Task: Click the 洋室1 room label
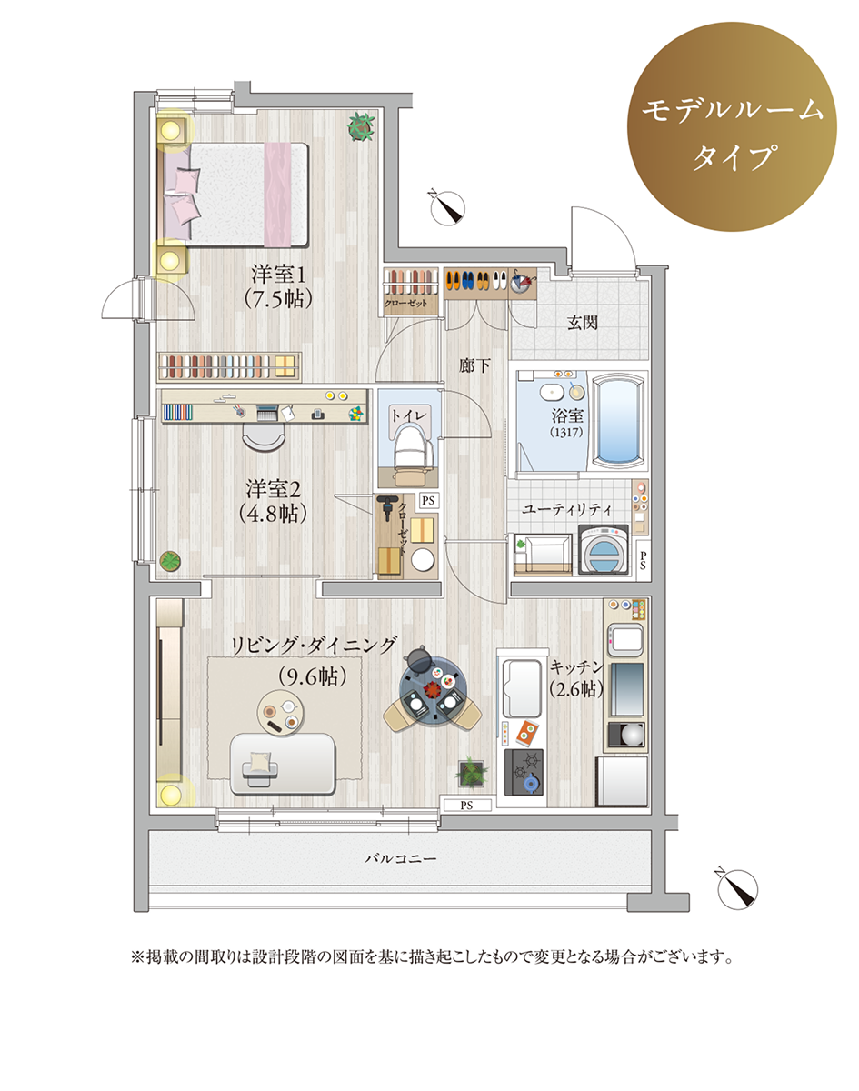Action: [278, 275]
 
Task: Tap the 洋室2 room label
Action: [274, 489]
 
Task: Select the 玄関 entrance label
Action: [582, 323]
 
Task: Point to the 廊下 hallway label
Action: [474, 365]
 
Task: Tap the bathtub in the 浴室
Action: [617, 420]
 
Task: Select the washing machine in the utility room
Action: [604, 550]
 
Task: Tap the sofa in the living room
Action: [283, 764]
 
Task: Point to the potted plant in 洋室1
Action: [361, 126]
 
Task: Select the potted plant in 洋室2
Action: [170, 561]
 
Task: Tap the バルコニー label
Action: [401, 859]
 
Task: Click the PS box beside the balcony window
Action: [466, 806]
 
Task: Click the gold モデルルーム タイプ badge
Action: [732, 126]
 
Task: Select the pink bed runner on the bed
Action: [277, 195]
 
